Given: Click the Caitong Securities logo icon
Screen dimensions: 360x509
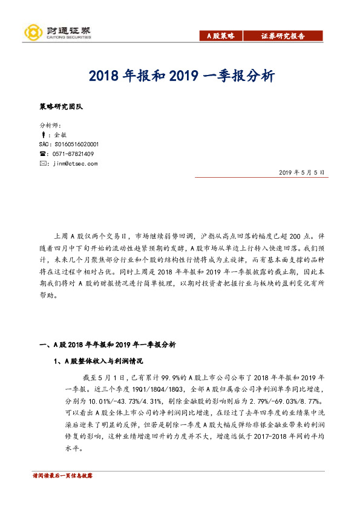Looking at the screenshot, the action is click(x=32, y=32).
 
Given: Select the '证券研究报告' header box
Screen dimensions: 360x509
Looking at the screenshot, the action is click(x=283, y=36).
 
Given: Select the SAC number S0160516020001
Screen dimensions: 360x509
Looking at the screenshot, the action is click(x=68, y=144).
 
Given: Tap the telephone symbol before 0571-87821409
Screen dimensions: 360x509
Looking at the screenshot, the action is click(x=42, y=154).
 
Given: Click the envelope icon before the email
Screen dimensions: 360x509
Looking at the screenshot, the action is click(x=42, y=163).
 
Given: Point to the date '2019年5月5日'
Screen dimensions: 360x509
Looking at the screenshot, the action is click(x=303, y=173).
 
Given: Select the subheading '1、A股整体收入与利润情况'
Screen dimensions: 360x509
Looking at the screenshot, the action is click(x=97, y=361).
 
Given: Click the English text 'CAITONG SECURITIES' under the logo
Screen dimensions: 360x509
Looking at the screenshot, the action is click(x=68, y=37).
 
